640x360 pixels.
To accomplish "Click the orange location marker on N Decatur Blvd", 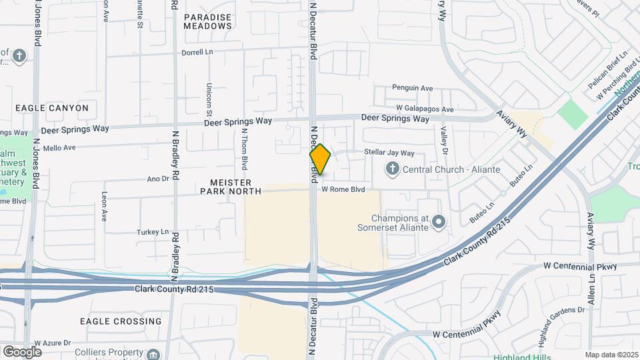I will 320,159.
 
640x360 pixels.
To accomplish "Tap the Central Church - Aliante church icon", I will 393,169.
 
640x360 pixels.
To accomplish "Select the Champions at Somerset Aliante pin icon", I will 438,221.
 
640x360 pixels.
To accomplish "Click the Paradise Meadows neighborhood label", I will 208,21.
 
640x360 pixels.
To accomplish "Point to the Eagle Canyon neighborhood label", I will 51,107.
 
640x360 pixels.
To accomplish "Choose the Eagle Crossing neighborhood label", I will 121,321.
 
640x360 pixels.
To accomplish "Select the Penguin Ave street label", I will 412,87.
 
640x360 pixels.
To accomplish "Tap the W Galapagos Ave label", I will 425,109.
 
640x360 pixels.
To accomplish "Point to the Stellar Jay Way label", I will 389,153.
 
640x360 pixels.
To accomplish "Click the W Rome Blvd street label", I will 343,189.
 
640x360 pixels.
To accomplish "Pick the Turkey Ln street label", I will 153,231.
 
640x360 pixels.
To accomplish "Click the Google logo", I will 22,352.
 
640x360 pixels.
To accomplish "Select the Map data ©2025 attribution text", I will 612,355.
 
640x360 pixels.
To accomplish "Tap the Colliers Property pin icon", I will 154,353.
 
